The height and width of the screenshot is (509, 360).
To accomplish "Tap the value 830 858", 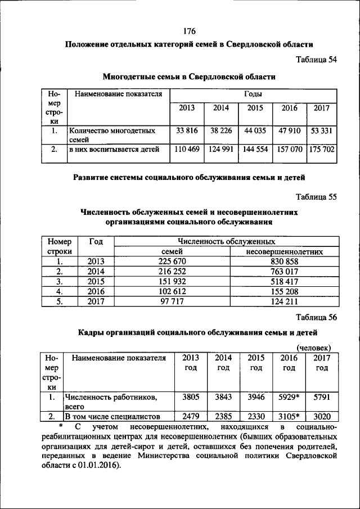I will coord(283,261).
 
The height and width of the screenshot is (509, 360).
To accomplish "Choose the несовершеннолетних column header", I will coord(284,251).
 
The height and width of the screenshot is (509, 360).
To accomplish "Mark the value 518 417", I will coord(283,281).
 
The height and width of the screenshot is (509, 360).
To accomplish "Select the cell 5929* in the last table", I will coord(289,397).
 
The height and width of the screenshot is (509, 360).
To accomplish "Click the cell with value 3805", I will coord(191,397).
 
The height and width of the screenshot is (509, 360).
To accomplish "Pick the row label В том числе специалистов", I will coord(112,417).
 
